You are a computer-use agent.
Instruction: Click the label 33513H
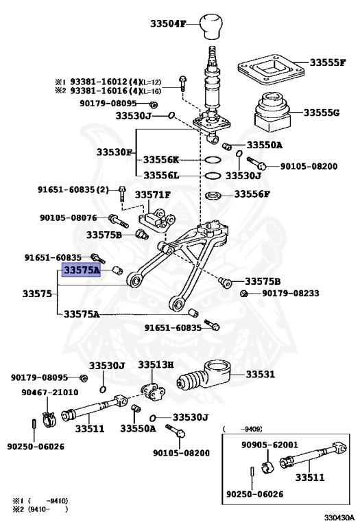(156, 365)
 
